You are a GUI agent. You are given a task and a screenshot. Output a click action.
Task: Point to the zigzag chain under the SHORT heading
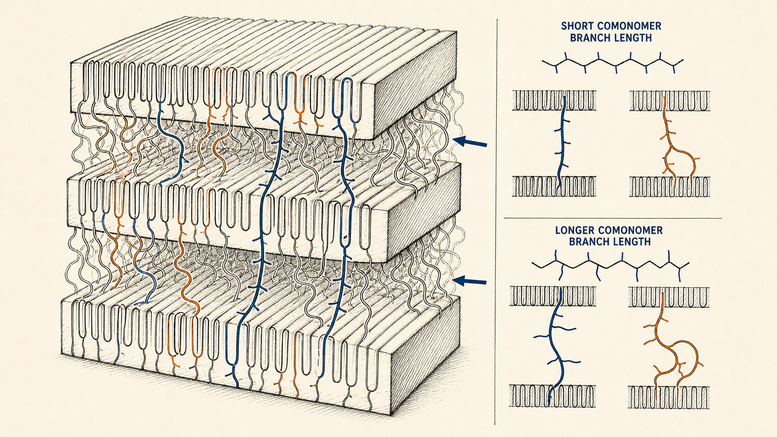(613, 63)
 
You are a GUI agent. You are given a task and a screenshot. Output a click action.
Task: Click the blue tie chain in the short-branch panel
(562, 144)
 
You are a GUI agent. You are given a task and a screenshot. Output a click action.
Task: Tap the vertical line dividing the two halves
(496, 222)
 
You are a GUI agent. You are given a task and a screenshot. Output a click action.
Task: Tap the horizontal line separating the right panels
(613, 219)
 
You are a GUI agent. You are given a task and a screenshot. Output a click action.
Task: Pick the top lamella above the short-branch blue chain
(554, 101)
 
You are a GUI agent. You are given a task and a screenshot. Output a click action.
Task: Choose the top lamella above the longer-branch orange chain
(669, 297)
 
